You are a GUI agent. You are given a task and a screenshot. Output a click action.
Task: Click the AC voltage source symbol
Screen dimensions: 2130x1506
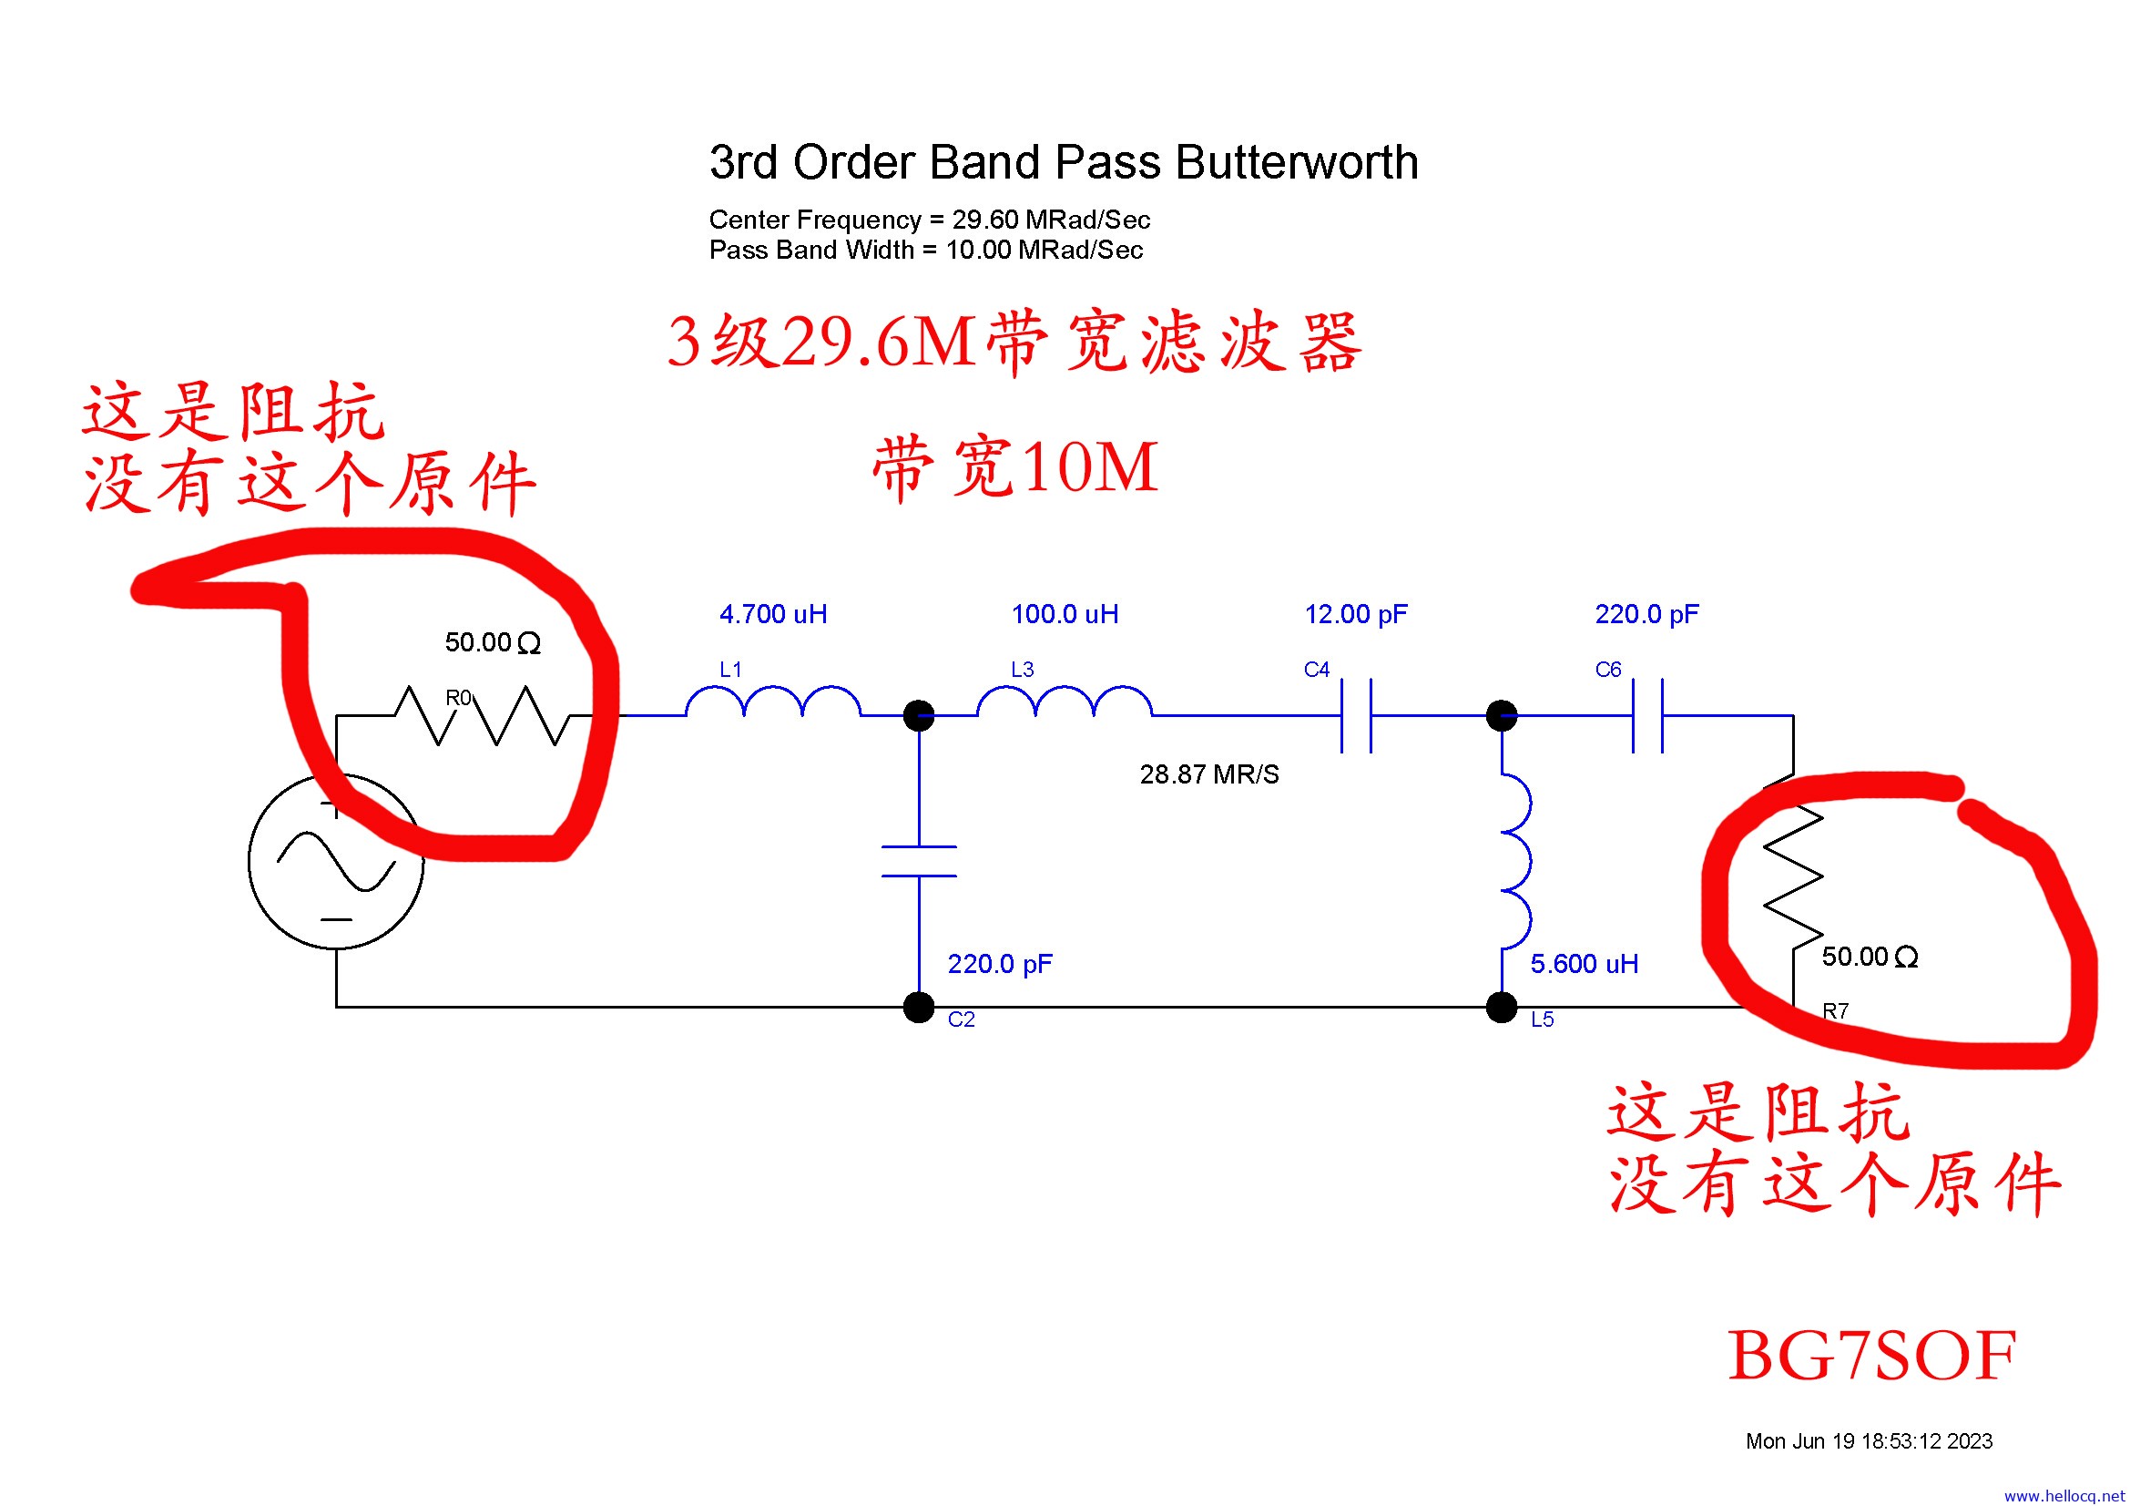click(x=336, y=861)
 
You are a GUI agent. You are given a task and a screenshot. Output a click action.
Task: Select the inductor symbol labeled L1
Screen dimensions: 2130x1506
click(x=773, y=702)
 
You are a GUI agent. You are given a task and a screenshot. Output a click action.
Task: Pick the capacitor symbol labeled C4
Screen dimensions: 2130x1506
click(x=1356, y=715)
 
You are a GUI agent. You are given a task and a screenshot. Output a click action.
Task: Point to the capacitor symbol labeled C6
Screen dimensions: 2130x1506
click(x=1647, y=715)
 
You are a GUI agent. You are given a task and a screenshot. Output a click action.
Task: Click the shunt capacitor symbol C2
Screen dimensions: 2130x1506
click(x=919, y=861)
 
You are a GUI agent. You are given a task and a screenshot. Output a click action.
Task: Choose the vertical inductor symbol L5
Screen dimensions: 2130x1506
click(x=1516, y=861)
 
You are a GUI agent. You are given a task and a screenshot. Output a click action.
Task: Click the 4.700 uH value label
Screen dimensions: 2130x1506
click(x=773, y=614)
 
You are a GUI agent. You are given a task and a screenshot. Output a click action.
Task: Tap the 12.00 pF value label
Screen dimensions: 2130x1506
click(x=1355, y=614)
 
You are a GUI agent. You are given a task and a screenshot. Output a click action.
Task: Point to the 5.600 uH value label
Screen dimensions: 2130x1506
click(x=1584, y=964)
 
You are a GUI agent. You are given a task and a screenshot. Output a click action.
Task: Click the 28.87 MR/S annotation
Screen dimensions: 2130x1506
click(x=1208, y=774)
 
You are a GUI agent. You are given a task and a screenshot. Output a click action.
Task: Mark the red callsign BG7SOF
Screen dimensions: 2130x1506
click(x=1871, y=1356)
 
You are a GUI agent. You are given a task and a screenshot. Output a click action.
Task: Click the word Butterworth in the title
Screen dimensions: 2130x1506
click(x=1297, y=162)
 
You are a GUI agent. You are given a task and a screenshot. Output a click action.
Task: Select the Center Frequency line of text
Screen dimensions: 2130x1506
click(x=930, y=220)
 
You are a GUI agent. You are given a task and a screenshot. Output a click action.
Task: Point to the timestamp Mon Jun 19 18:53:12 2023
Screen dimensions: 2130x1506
click(x=1869, y=1441)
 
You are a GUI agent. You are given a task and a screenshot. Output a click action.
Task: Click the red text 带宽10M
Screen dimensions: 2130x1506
click(x=1014, y=466)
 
